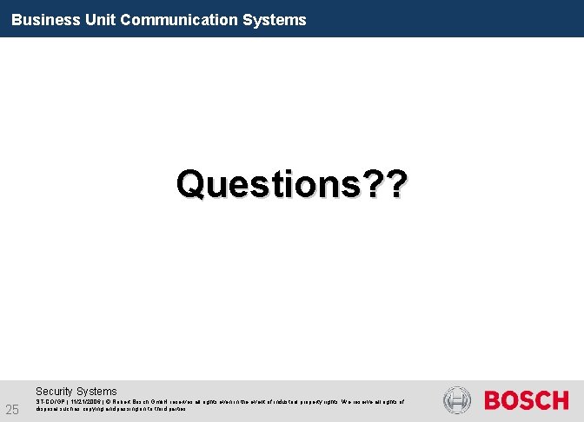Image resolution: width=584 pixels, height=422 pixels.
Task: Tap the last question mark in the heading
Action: pos(392,184)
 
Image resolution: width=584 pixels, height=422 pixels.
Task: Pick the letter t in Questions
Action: pos(274,184)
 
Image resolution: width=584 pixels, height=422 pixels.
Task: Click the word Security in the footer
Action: pos(54,392)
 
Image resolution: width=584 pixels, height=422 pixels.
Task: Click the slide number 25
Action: pos(13,409)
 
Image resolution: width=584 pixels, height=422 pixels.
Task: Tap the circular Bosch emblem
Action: pos(456,400)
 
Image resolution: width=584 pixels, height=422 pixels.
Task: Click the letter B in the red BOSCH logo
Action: pos(493,400)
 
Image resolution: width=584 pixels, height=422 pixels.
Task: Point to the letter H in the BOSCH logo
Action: pos(560,400)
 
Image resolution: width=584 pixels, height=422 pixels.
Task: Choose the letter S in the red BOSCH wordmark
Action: pos(527,400)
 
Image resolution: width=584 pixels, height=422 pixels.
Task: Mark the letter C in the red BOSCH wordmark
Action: pos(542,400)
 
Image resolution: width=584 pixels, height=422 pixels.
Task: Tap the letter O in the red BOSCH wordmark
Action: pos(510,400)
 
